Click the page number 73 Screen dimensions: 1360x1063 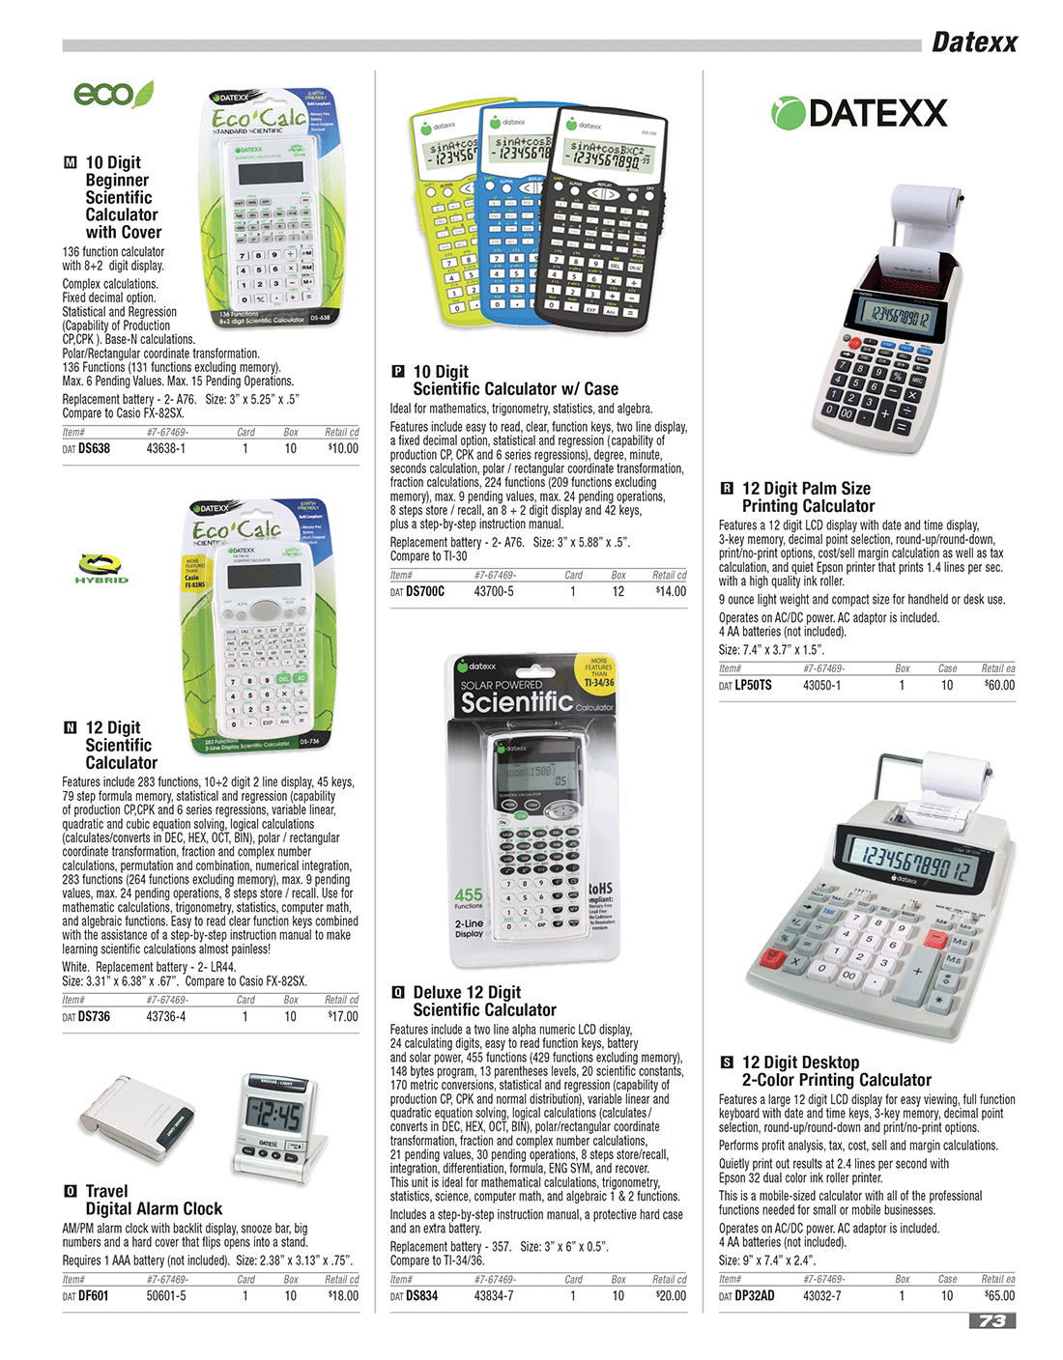(991, 1320)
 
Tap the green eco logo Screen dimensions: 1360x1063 (113, 94)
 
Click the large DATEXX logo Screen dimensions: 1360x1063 (859, 113)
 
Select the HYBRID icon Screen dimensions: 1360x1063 (101, 568)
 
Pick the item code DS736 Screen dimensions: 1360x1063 (94, 1016)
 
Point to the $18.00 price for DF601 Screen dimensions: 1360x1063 (343, 1295)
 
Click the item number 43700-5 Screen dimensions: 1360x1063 (494, 591)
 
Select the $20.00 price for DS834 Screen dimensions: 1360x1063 (671, 1295)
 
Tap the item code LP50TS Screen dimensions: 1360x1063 (753, 685)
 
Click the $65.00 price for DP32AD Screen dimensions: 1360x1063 (999, 1295)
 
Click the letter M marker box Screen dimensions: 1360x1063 (70, 162)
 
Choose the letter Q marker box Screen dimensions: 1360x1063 (397, 992)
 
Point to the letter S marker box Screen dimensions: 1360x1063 (727, 1062)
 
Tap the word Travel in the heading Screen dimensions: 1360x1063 (106, 1191)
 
